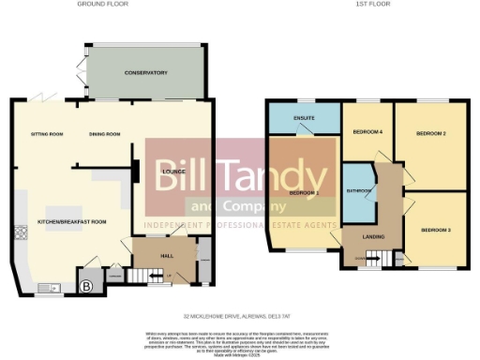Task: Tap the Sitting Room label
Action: tap(46, 134)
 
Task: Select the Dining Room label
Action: tap(105, 134)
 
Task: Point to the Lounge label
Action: tap(172, 172)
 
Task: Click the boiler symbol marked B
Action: tap(86, 287)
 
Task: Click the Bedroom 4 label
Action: tap(367, 132)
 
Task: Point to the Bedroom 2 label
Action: tap(430, 134)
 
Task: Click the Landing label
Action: tap(374, 235)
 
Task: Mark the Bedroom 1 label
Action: tap(305, 192)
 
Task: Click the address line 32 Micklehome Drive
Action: tap(240, 315)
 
